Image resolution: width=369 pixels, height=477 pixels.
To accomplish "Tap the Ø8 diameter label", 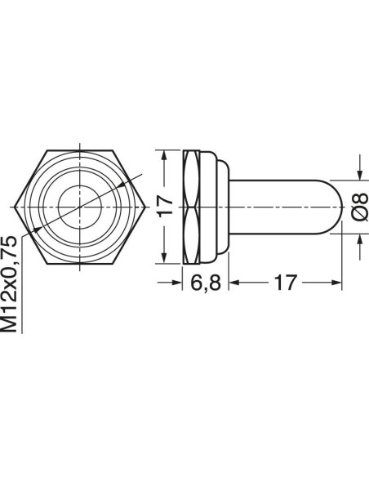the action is tap(361, 207).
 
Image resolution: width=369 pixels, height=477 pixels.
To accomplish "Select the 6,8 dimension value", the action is tap(206, 283).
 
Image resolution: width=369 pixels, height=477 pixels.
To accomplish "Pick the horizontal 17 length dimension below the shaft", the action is tap(285, 283).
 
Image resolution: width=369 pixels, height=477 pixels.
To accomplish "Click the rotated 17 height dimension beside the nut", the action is tap(167, 207).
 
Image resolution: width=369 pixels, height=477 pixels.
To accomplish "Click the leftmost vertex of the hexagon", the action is tap(15, 207).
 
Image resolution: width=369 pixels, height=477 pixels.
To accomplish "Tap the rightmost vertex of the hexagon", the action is tap(145, 207).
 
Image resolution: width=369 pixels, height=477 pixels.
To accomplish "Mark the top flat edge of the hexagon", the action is tap(80, 150).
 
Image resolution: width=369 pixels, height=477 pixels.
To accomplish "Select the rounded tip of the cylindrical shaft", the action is tap(337, 207).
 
